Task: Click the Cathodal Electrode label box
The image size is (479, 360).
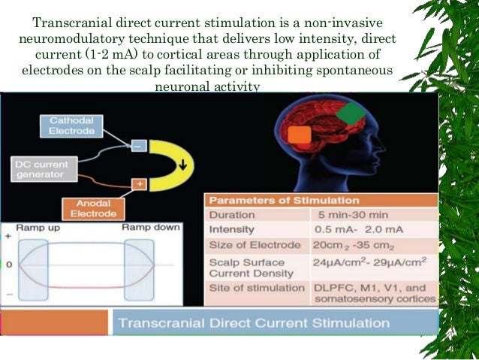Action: click(72, 126)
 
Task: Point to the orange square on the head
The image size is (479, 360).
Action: click(300, 135)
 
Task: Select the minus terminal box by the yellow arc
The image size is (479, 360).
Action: click(139, 147)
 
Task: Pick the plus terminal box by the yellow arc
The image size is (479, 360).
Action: click(139, 183)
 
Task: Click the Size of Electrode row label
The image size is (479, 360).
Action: click(254, 246)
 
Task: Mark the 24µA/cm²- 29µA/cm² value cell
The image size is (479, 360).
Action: click(371, 262)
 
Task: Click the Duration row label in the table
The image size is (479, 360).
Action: click(232, 214)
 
